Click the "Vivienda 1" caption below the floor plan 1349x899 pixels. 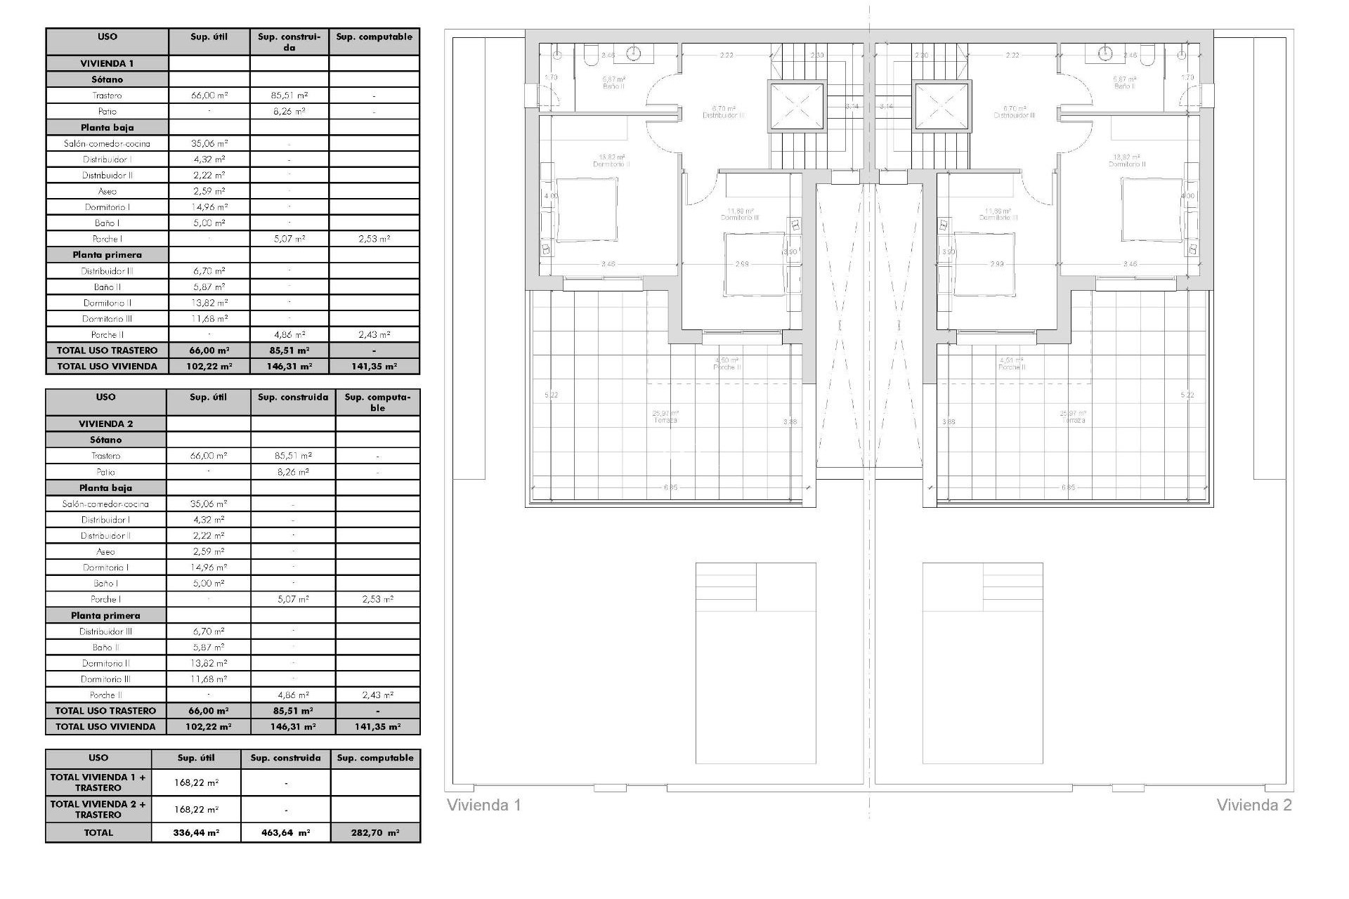(484, 805)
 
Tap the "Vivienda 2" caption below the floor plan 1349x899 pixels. (1254, 805)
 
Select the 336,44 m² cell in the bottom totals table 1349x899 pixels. (196, 832)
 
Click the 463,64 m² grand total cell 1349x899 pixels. (285, 832)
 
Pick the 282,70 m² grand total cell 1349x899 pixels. (375, 832)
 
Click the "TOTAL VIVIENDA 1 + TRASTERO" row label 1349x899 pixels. (98, 782)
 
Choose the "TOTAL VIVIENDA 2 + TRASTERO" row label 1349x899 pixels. (98, 809)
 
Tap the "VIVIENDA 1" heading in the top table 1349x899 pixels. (107, 63)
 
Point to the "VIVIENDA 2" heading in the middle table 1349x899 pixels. (105, 424)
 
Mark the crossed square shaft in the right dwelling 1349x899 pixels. (941, 107)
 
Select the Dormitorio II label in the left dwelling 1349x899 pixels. (611, 164)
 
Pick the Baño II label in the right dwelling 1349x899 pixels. (1124, 86)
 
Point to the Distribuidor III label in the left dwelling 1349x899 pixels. (724, 115)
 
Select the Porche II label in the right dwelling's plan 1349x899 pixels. (1012, 367)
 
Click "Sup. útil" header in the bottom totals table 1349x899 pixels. (196, 758)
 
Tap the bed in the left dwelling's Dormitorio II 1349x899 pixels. (587, 208)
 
